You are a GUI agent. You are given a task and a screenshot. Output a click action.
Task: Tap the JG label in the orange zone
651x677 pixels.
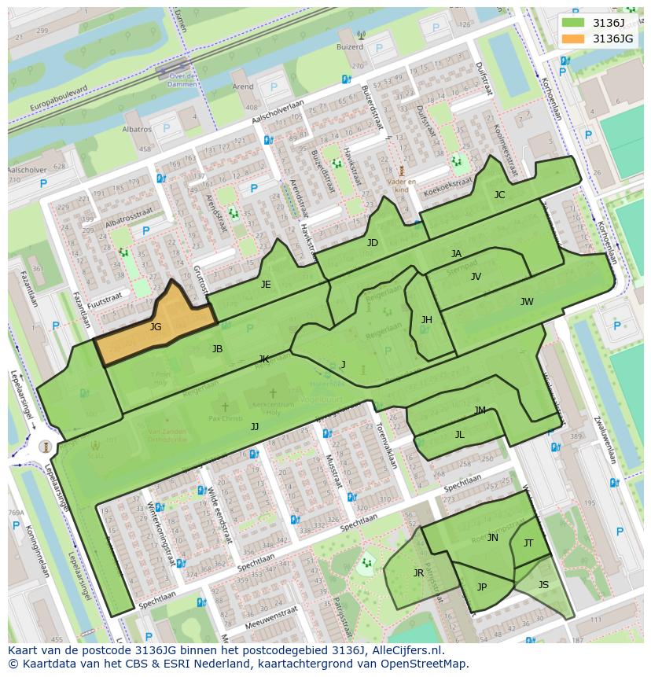tap(156, 327)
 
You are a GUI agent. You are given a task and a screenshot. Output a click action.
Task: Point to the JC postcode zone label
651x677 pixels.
tap(499, 195)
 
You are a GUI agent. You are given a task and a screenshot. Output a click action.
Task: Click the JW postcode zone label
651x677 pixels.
tap(527, 302)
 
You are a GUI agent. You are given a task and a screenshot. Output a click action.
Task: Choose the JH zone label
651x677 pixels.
tap(426, 320)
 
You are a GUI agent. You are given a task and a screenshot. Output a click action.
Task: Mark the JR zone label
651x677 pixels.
tap(418, 573)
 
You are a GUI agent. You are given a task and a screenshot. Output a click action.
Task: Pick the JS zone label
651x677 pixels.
tap(543, 585)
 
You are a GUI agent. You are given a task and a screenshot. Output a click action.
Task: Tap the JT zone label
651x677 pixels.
tap(528, 543)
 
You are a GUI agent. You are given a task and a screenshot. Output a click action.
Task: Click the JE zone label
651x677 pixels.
tap(266, 285)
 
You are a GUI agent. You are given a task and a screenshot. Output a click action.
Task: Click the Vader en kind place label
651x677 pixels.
tap(401, 185)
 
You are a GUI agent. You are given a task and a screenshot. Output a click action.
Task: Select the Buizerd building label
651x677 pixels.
tap(351, 46)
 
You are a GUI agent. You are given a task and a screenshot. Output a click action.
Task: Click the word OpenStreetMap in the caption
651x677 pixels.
tap(424, 664)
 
